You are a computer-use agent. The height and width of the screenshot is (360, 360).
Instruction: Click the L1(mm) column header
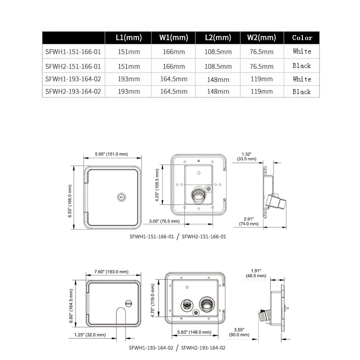coord(129,37)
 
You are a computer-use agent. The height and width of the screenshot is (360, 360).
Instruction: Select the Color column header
coord(302,38)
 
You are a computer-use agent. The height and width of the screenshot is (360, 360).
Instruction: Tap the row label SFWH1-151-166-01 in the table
coord(73,52)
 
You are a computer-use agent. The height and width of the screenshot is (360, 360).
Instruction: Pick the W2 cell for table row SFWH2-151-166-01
coord(261,66)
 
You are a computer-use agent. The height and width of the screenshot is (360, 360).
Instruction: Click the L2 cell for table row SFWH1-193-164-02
coord(218,80)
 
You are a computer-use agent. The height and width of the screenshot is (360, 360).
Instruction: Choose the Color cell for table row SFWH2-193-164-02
coord(301,92)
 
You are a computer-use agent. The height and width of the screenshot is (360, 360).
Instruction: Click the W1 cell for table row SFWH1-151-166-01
coord(174,52)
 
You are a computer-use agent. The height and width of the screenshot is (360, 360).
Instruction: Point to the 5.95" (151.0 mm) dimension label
coord(111,154)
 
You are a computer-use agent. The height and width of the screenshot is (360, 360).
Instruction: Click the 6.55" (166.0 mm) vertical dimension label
coord(70,201)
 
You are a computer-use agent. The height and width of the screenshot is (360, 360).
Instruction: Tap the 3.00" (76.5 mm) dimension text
coord(164,221)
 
